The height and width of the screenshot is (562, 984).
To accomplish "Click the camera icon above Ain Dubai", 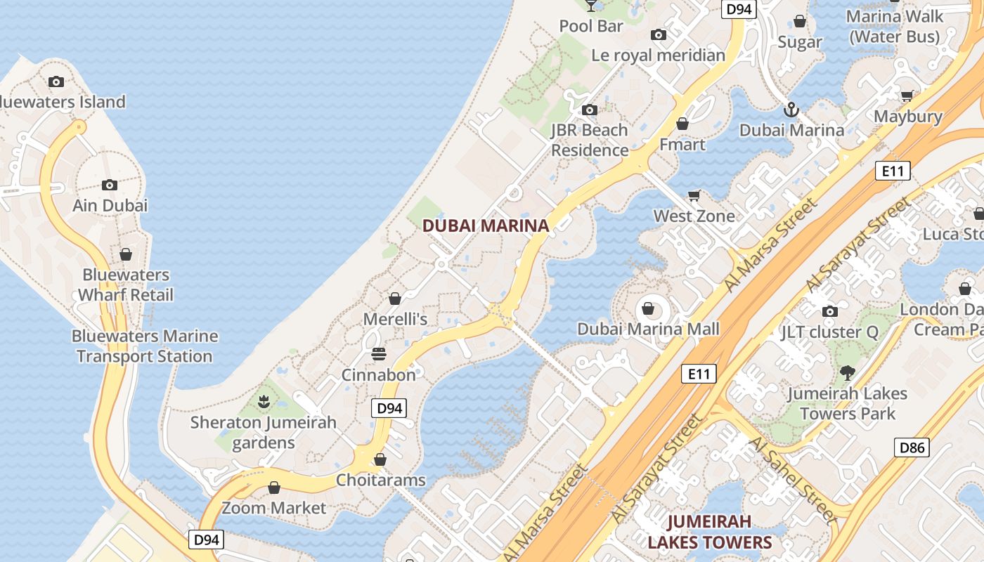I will (x=109, y=185).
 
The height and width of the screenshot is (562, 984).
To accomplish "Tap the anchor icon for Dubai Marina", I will (x=791, y=110).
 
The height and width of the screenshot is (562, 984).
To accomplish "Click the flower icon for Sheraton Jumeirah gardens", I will (x=264, y=402).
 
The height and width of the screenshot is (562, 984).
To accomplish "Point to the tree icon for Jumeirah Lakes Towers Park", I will (x=847, y=372).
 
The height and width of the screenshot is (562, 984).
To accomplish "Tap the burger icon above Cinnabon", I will (x=379, y=353).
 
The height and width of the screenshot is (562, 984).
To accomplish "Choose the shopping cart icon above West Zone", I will (x=694, y=195).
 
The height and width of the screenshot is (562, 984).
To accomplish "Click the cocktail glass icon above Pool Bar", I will (x=591, y=6).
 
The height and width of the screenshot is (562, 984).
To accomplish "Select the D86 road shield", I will (x=912, y=447).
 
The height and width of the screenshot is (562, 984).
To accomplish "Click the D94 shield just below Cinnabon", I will (x=389, y=408).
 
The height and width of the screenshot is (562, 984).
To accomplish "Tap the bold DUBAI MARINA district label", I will (x=485, y=226).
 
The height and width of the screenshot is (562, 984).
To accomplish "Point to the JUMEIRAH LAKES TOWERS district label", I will (x=709, y=532).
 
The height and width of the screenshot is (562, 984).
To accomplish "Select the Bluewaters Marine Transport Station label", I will (x=145, y=346).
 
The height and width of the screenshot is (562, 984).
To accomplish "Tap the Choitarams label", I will (x=381, y=480).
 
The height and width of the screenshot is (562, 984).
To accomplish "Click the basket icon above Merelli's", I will (x=395, y=299).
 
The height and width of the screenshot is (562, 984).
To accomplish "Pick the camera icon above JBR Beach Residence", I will (x=590, y=110).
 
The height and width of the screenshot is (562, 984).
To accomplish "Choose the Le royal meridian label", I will (x=658, y=55).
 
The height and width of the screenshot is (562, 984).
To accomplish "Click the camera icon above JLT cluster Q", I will (x=829, y=311).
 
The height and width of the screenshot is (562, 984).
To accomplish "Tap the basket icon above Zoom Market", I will (x=274, y=488).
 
